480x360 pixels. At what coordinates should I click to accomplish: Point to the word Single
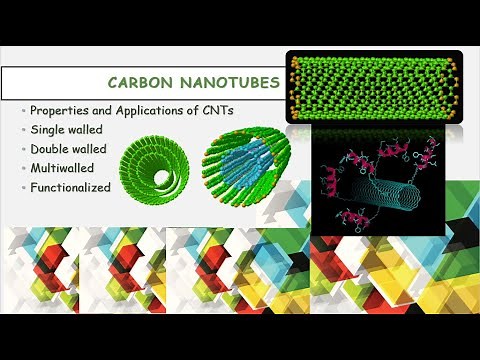coord(49,128)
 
